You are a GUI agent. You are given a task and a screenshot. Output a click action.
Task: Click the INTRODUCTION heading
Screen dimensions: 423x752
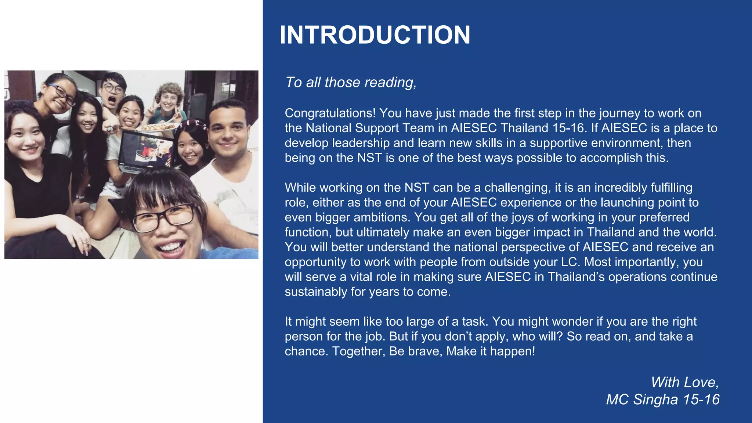point(375,35)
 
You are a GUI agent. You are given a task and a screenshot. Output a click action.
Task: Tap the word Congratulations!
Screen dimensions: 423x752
point(330,113)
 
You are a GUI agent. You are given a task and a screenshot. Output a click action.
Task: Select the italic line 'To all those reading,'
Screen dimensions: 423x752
point(351,82)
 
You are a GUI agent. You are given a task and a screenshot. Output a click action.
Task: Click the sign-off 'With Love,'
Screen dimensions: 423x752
point(684,382)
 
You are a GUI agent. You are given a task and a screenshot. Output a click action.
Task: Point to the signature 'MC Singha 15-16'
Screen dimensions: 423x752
point(662,399)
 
